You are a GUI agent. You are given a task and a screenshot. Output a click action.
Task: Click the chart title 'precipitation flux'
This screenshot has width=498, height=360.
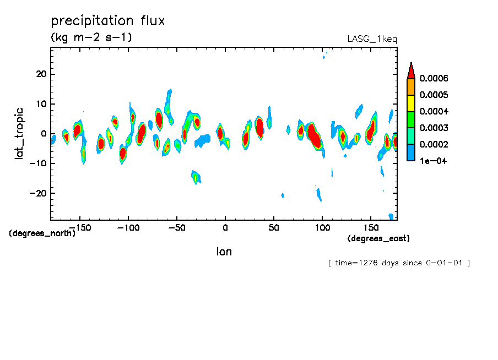pyautogui.click(x=108, y=21)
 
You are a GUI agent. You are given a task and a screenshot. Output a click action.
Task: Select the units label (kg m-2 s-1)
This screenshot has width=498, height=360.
pyautogui.click(x=91, y=37)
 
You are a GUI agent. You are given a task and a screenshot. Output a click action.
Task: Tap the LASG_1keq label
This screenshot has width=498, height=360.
pyautogui.click(x=372, y=39)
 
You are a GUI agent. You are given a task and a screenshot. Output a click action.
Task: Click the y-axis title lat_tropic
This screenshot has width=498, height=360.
pyautogui.click(x=20, y=133)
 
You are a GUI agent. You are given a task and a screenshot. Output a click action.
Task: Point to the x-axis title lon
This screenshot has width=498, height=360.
pyautogui.click(x=224, y=252)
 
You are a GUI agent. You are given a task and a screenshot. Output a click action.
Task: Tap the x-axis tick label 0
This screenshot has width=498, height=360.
pyautogui.click(x=225, y=227)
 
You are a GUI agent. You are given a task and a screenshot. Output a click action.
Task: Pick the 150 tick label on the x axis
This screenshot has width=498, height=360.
pyautogui.click(x=370, y=227)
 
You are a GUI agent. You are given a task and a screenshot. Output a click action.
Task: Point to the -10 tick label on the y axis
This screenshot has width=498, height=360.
pyautogui.click(x=38, y=163)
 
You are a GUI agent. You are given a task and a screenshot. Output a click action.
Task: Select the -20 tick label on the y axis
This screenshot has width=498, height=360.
pyautogui.click(x=38, y=193)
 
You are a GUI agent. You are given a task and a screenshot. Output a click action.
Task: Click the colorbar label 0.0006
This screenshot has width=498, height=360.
pyautogui.click(x=434, y=78)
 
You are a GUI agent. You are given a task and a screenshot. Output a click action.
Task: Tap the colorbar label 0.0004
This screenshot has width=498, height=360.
pyautogui.click(x=434, y=111)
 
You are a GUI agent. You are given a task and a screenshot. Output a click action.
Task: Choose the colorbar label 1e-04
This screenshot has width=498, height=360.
pyautogui.click(x=434, y=161)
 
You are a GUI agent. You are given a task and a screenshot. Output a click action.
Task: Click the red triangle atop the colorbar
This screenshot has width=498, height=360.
pyautogui.click(x=411, y=70)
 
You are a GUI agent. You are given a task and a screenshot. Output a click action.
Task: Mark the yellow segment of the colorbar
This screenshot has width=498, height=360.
pyautogui.click(x=411, y=103)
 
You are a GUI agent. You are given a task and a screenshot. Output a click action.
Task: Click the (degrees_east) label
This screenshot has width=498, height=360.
pyautogui.click(x=378, y=238)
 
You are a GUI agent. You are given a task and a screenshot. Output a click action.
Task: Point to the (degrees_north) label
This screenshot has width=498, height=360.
pyautogui.click(x=42, y=233)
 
